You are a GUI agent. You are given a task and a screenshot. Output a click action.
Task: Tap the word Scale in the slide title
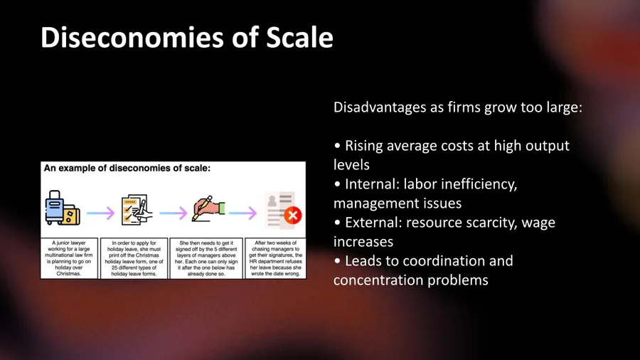click(x=299, y=38)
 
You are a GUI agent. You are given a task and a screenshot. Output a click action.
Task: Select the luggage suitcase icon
click(x=63, y=208)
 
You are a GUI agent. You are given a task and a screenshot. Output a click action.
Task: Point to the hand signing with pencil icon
click(x=208, y=208)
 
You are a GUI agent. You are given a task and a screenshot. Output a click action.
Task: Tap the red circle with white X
click(x=293, y=215)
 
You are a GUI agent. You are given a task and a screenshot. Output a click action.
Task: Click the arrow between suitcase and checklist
click(x=101, y=213)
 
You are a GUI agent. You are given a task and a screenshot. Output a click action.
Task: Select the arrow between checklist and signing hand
click(x=173, y=213)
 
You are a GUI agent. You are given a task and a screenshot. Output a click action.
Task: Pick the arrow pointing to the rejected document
click(x=243, y=213)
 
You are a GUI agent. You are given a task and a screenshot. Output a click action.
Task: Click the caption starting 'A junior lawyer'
click(x=69, y=258)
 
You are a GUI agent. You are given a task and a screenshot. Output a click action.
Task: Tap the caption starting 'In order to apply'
click(x=134, y=258)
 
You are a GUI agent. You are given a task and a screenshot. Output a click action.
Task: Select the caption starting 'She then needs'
click(x=206, y=258)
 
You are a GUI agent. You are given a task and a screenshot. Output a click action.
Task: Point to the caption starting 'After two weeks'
click(x=275, y=258)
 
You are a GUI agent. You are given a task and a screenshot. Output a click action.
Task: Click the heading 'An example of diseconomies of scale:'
click(x=127, y=168)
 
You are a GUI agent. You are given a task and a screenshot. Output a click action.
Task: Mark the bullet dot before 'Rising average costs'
click(x=337, y=146)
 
